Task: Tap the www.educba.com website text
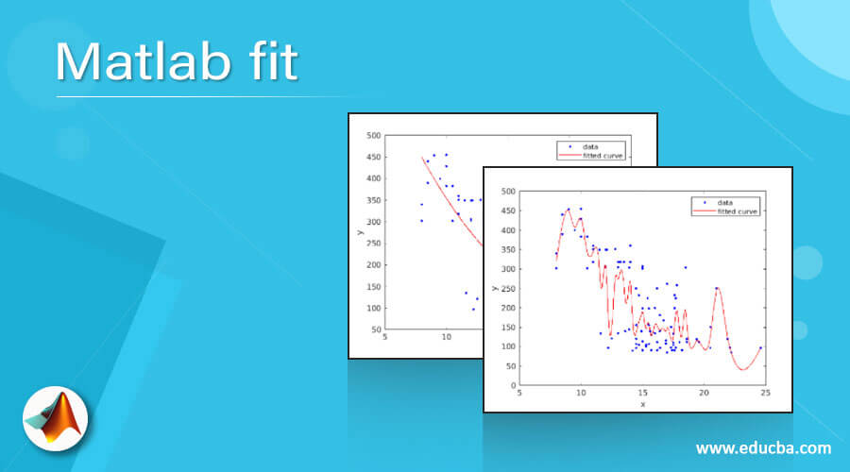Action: [763, 447]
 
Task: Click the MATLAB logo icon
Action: [56, 416]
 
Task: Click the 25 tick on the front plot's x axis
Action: [765, 393]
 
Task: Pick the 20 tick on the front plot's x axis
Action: [704, 393]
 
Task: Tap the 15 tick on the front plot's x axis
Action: [642, 393]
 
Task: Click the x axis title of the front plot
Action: [642, 404]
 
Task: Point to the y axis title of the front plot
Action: [494, 288]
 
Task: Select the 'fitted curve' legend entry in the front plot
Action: [738, 211]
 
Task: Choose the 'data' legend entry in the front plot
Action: [725, 202]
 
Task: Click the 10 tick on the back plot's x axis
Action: [446, 338]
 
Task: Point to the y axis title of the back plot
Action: [360, 232]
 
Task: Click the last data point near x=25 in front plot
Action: [760, 348]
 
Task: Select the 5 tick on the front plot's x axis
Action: [519, 393]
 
